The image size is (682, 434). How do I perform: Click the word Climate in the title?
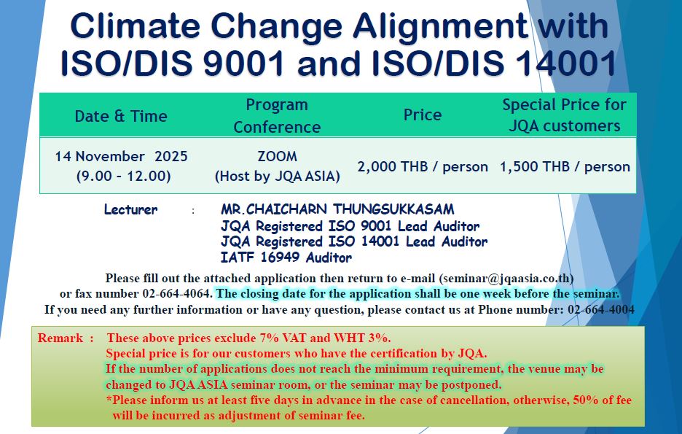[x=136, y=26]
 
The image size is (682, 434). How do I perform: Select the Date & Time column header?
[x=121, y=116]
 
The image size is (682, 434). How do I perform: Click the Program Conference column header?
[x=277, y=116]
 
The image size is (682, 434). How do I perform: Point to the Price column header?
[x=423, y=115]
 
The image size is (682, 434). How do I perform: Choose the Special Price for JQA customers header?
[x=564, y=115]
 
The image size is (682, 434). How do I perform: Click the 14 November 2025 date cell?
[x=122, y=156]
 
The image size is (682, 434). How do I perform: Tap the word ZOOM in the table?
[x=277, y=156]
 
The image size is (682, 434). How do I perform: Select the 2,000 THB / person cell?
[x=423, y=167]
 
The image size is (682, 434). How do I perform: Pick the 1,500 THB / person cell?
[x=565, y=167]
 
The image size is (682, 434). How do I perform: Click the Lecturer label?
[x=130, y=210]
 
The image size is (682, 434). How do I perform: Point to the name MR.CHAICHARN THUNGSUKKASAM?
[x=337, y=209]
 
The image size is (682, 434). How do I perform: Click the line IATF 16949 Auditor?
[x=286, y=257]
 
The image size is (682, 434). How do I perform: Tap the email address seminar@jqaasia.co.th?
[x=506, y=278]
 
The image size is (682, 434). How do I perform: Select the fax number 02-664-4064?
[x=176, y=294]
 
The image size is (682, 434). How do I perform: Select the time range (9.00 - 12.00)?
[x=124, y=177]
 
